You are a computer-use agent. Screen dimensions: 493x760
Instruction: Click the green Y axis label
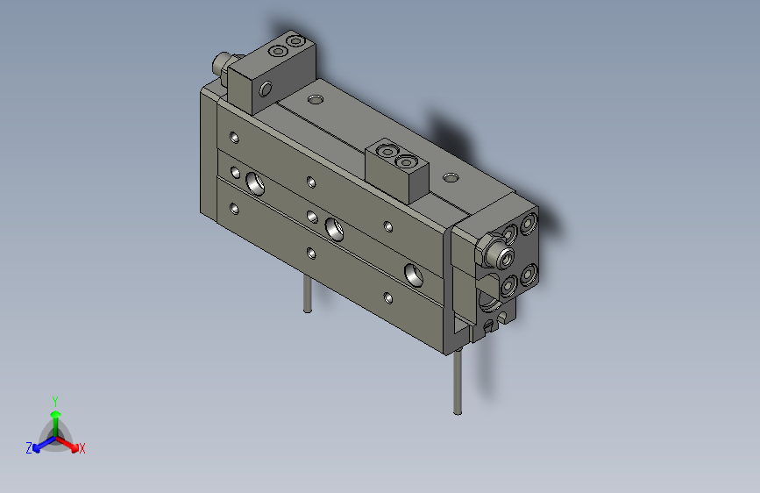click(x=54, y=400)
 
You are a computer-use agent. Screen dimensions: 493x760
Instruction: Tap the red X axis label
click(x=82, y=449)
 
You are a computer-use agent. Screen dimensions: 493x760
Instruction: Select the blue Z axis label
click(x=29, y=448)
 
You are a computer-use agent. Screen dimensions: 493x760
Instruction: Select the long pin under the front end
click(x=458, y=378)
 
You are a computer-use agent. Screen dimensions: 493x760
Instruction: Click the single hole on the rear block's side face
click(x=265, y=89)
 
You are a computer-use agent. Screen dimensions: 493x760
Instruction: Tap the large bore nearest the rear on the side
click(x=256, y=183)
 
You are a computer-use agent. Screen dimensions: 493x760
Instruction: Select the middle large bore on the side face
click(x=334, y=228)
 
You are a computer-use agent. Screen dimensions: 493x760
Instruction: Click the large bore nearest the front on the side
click(x=413, y=273)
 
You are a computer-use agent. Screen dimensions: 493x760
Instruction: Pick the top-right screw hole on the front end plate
click(x=529, y=225)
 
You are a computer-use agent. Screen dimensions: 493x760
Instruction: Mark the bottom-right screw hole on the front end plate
click(x=528, y=275)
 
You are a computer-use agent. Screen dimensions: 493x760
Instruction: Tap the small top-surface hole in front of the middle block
click(x=451, y=178)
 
